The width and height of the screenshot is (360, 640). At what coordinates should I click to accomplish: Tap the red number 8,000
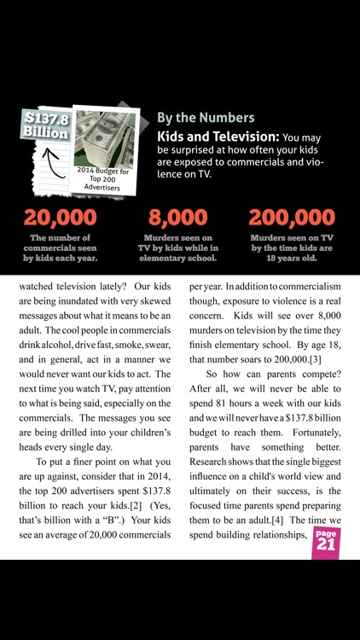point(177,218)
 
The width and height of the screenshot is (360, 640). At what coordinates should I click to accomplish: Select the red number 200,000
point(293,218)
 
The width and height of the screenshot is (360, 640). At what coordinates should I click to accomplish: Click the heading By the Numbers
point(205,118)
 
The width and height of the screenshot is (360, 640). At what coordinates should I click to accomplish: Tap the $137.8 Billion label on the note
point(45,125)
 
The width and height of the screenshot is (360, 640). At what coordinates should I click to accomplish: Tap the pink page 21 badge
point(323,542)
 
